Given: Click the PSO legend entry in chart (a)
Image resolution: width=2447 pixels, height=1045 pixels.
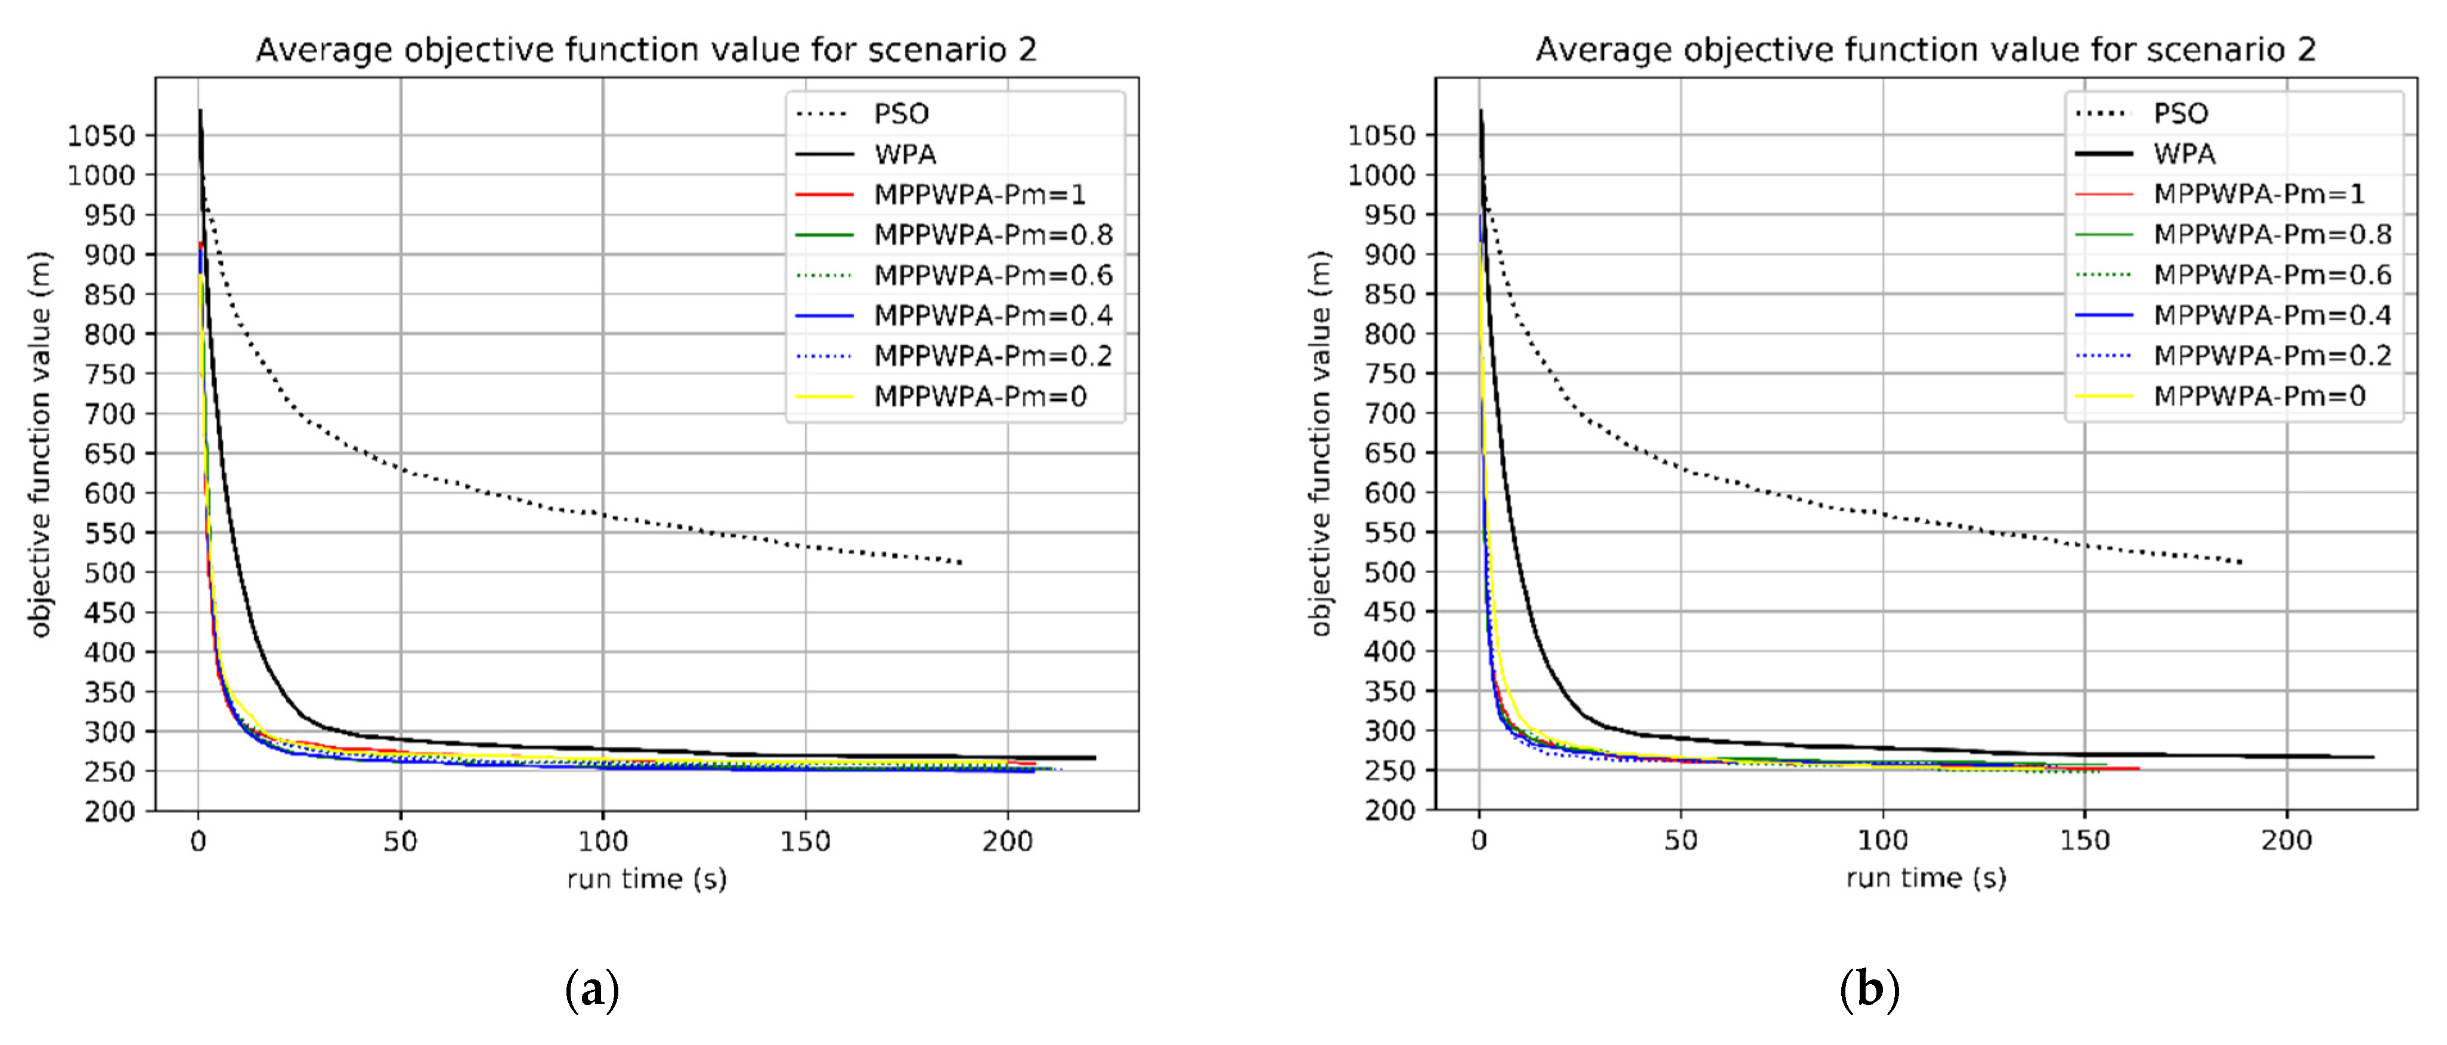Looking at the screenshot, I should pyautogui.click(x=900, y=114).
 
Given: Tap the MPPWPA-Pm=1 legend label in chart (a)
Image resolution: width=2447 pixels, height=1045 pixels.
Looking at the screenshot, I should pyautogui.click(x=980, y=195).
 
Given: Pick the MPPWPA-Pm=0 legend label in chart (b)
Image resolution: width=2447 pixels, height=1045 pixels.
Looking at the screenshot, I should pyautogui.click(x=2259, y=396).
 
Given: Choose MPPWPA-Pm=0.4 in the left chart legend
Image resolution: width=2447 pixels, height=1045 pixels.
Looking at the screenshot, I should pyautogui.click(x=993, y=316).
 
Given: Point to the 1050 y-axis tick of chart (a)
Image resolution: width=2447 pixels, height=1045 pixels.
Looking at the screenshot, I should pyautogui.click(x=101, y=136).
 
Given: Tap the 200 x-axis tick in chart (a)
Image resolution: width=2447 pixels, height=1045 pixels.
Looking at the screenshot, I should pyautogui.click(x=1007, y=842).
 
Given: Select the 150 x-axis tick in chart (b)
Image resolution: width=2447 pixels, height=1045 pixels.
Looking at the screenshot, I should pyautogui.click(x=2084, y=841).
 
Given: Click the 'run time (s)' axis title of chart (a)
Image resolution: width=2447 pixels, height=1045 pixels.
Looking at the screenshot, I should pyautogui.click(x=647, y=879).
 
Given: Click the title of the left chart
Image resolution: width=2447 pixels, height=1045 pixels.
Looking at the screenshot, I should pyautogui.click(x=646, y=50).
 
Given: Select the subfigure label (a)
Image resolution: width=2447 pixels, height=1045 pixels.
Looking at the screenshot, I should pyautogui.click(x=592, y=990).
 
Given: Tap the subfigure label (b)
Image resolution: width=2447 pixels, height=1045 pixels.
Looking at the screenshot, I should pyautogui.click(x=1869, y=990).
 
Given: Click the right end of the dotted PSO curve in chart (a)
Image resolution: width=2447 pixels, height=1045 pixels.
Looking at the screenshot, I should pyautogui.click(x=961, y=562).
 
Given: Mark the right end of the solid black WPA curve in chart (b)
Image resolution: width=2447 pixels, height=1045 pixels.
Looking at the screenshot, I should pyautogui.click(x=2373, y=757).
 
